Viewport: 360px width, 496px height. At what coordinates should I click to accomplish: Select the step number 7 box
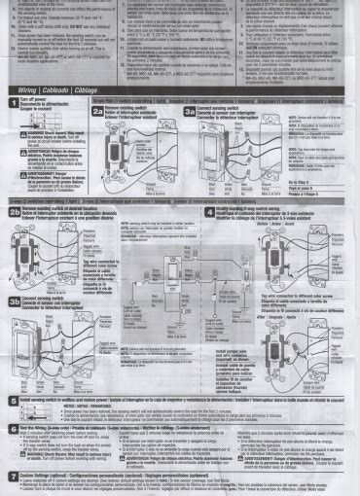pos(12,477)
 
